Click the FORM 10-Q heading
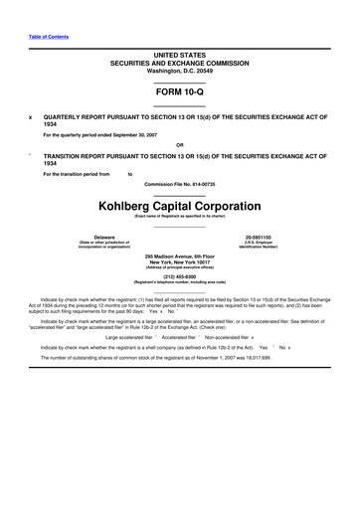[x=179, y=93]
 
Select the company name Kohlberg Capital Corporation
[x=179, y=205]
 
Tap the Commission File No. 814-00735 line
[x=179, y=185]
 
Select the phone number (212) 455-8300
[x=179, y=277]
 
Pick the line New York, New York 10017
[x=179, y=262]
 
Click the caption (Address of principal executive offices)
[x=179, y=268]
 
